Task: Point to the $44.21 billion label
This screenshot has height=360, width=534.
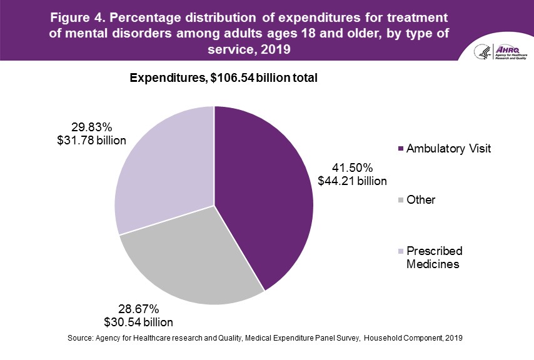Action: tap(352, 181)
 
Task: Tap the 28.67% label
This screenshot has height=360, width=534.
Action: tap(138, 309)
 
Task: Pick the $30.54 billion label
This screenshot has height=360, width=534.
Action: tap(139, 322)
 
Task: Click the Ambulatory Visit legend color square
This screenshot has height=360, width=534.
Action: tap(400, 149)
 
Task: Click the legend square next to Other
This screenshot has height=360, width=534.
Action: tap(400, 200)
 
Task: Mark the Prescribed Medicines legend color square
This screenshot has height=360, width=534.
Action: tap(400, 251)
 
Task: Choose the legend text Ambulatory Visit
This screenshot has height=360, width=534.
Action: tap(448, 149)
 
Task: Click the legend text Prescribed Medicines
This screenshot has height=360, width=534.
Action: tap(434, 257)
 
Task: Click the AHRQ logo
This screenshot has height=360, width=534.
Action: tap(500, 52)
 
